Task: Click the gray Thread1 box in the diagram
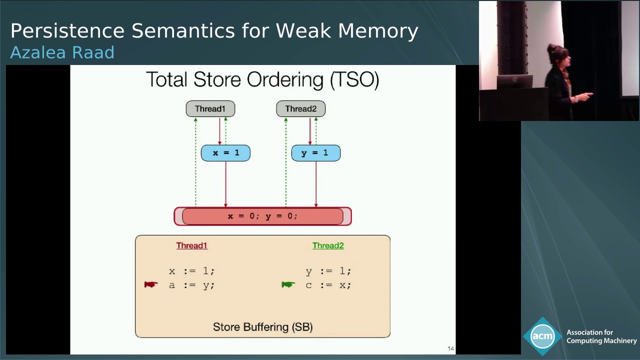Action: click(210, 109)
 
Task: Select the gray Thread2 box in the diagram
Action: click(300, 109)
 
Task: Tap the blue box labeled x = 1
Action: click(225, 153)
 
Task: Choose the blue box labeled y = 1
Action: click(315, 153)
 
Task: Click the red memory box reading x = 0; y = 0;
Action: click(262, 216)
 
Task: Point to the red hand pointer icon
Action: click(151, 284)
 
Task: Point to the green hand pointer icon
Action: click(288, 284)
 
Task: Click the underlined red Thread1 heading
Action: click(191, 245)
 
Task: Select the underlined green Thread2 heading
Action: click(328, 245)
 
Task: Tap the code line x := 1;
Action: click(191, 271)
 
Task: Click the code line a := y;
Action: click(191, 285)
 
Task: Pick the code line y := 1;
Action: click(328, 271)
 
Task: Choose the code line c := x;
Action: click(328, 285)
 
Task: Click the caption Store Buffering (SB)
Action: click(262, 327)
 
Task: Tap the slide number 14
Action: click(450, 348)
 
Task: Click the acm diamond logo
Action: click(542, 336)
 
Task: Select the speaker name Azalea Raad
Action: click(62, 52)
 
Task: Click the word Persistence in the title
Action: click(67, 31)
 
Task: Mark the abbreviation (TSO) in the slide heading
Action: click(355, 80)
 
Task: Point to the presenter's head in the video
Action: click(555, 53)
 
